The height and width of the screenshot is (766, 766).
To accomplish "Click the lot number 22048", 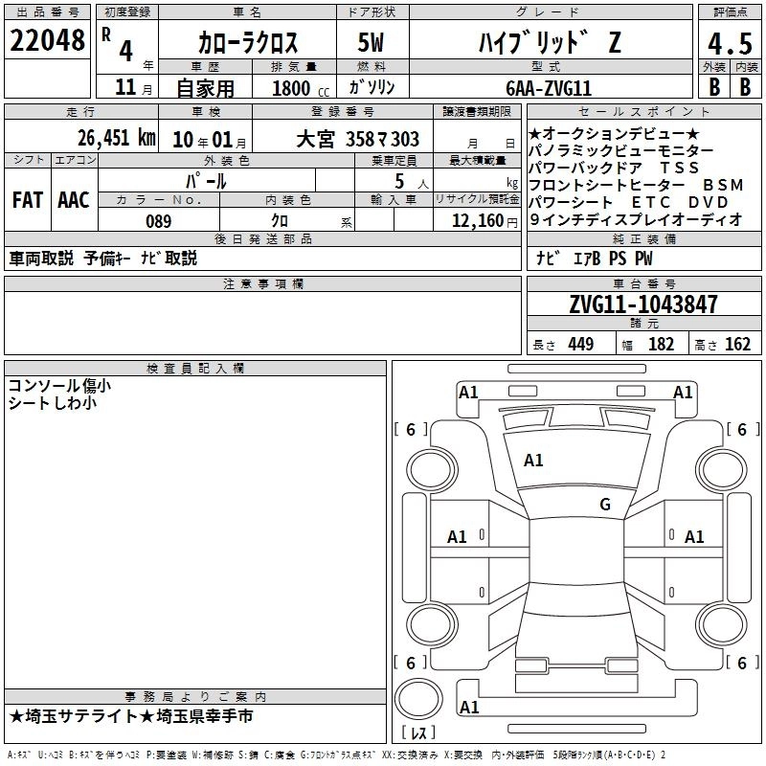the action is [x=47, y=40].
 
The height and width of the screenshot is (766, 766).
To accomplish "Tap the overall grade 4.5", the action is [x=730, y=43].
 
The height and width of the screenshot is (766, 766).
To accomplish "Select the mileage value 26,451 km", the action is [x=116, y=138].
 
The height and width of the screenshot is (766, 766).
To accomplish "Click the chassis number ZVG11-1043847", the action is [x=643, y=304].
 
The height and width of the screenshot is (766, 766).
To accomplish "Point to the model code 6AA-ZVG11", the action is [x=549, y=88].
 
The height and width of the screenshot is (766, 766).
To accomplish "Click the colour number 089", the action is [x=159, y=221].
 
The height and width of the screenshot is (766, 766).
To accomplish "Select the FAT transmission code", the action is [x=28, y=200].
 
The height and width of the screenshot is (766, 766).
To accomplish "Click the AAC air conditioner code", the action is [x=74, y=200].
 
